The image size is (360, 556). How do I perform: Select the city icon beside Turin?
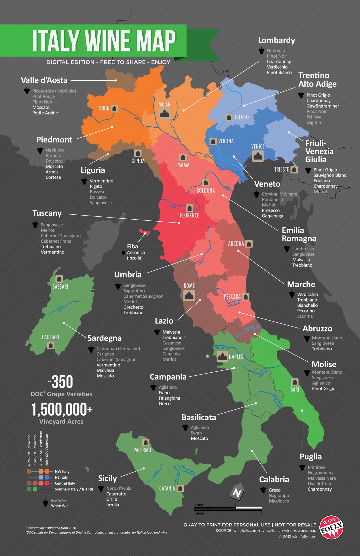click(114, 108)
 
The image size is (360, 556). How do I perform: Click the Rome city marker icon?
click(189, 295)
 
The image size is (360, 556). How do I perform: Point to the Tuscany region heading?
click(47, 213)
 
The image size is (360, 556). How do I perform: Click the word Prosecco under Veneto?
click(271, 210)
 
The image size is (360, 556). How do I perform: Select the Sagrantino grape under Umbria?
click(134, 291)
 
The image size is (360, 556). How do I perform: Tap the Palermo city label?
click(142, 450)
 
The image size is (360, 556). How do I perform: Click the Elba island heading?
click(132, 247)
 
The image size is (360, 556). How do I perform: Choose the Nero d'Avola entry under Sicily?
click(119, 488)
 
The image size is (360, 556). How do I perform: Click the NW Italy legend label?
click(62, 471)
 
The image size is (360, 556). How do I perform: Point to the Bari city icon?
click(295, 382)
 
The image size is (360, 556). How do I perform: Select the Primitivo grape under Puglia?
click(317, 467)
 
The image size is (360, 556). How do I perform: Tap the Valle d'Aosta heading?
click(44, 80)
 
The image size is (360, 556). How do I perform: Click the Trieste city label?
click(281, 169)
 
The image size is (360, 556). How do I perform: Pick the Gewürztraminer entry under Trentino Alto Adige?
click(323, 106)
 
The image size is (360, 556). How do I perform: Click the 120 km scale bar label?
click(200, 505)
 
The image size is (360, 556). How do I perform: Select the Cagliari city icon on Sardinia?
click(51, 345)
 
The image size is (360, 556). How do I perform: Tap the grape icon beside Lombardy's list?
click(261, 51)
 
